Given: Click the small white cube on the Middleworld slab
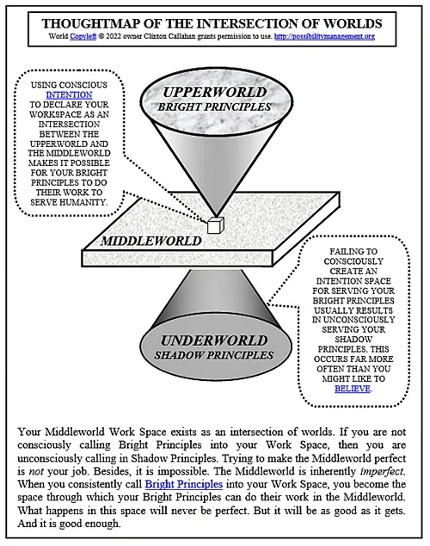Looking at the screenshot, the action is click(216, 225).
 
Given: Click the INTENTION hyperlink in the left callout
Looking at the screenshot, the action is click(70, 95).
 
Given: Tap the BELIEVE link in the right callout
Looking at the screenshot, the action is click(353, 389).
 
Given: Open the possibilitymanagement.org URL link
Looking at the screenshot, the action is click(324, 36).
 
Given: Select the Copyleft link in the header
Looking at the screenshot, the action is click(83, 36).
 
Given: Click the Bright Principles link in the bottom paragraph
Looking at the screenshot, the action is click(184, 484).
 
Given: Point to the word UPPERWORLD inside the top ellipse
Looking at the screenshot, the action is click(214, 92).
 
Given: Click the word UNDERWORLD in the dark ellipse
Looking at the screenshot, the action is click(214, 340).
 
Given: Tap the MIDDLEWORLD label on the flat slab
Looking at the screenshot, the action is click(151, 241).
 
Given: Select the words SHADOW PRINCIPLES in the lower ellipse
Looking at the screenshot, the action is click(214, 355).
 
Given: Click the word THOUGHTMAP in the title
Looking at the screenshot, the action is click(89, 24).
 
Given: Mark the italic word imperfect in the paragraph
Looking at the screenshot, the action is click(382, 471).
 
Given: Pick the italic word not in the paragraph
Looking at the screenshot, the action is click(35, 471).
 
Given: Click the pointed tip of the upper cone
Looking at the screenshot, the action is click(216, 216).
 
